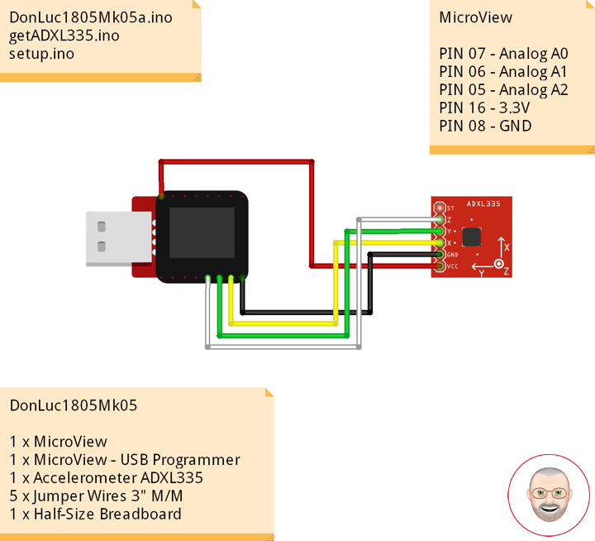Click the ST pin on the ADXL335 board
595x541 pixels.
(440, 208)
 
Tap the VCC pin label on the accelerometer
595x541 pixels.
(452, 266)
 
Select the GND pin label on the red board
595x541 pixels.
(452, 255)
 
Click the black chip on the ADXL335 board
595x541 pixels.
(472, 237)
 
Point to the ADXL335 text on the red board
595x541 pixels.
(483, 203)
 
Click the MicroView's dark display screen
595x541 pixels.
(202, 232)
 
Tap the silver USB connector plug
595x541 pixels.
(119, 238)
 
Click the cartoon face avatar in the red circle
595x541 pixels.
(549, 495)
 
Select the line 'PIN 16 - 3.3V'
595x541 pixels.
(484, 108)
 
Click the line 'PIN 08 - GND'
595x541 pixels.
(485, 126)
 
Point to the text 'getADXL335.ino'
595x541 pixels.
(64, 36)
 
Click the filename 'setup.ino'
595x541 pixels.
(42, 54)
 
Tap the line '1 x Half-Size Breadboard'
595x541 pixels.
(96, 514)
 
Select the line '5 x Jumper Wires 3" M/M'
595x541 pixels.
(97, 496)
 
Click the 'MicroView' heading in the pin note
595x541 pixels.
(475, 17)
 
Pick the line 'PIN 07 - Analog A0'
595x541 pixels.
(503, 54)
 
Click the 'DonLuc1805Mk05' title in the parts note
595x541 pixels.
(74, 405)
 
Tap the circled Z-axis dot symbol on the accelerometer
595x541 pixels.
(498, 264)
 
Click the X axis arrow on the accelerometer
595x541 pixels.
(502, 248)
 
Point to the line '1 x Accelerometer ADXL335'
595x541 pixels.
(107, 478)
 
